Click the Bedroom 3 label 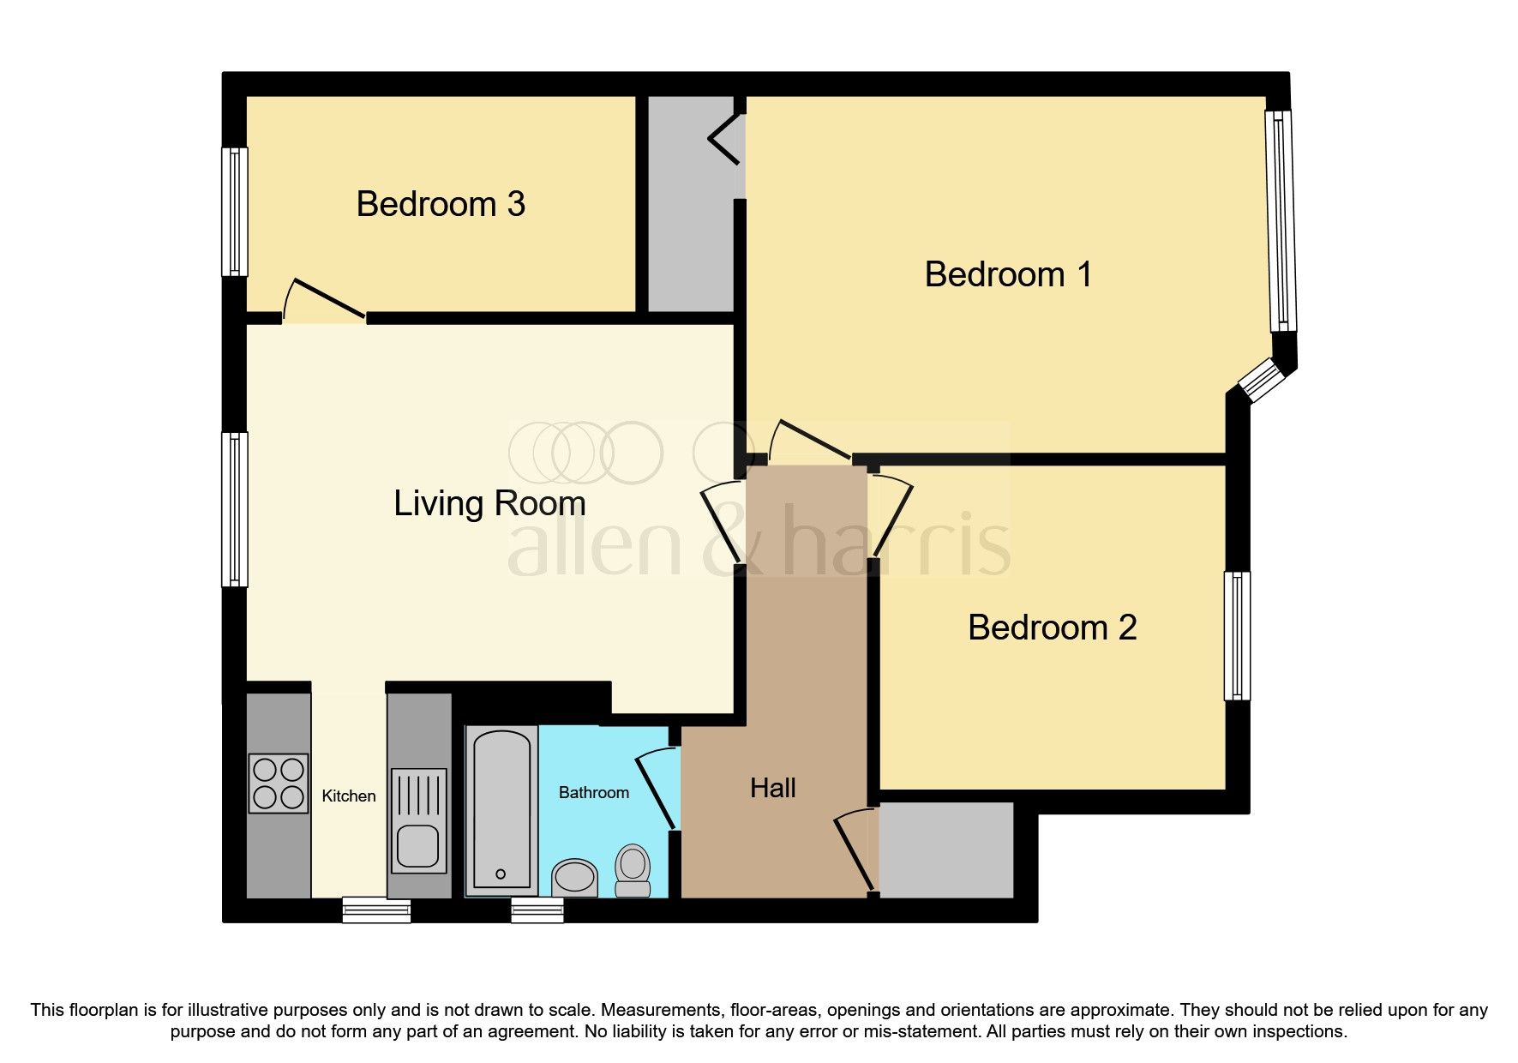pos(441,204)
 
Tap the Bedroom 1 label pos(1008,274)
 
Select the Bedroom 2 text pos(1052,628)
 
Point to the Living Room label pos(489,503)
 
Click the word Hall pos(772,788)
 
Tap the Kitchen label pos(348,796)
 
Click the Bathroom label pos(593,792)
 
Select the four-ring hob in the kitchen pos(279,783)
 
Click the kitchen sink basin pos(418,845)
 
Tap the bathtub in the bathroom pos(501,810)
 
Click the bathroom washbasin pos(574,877)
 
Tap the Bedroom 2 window pos(1237,635)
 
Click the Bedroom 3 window pos(234,212)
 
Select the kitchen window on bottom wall pos(376,910)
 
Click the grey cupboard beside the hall pos(945,850)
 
